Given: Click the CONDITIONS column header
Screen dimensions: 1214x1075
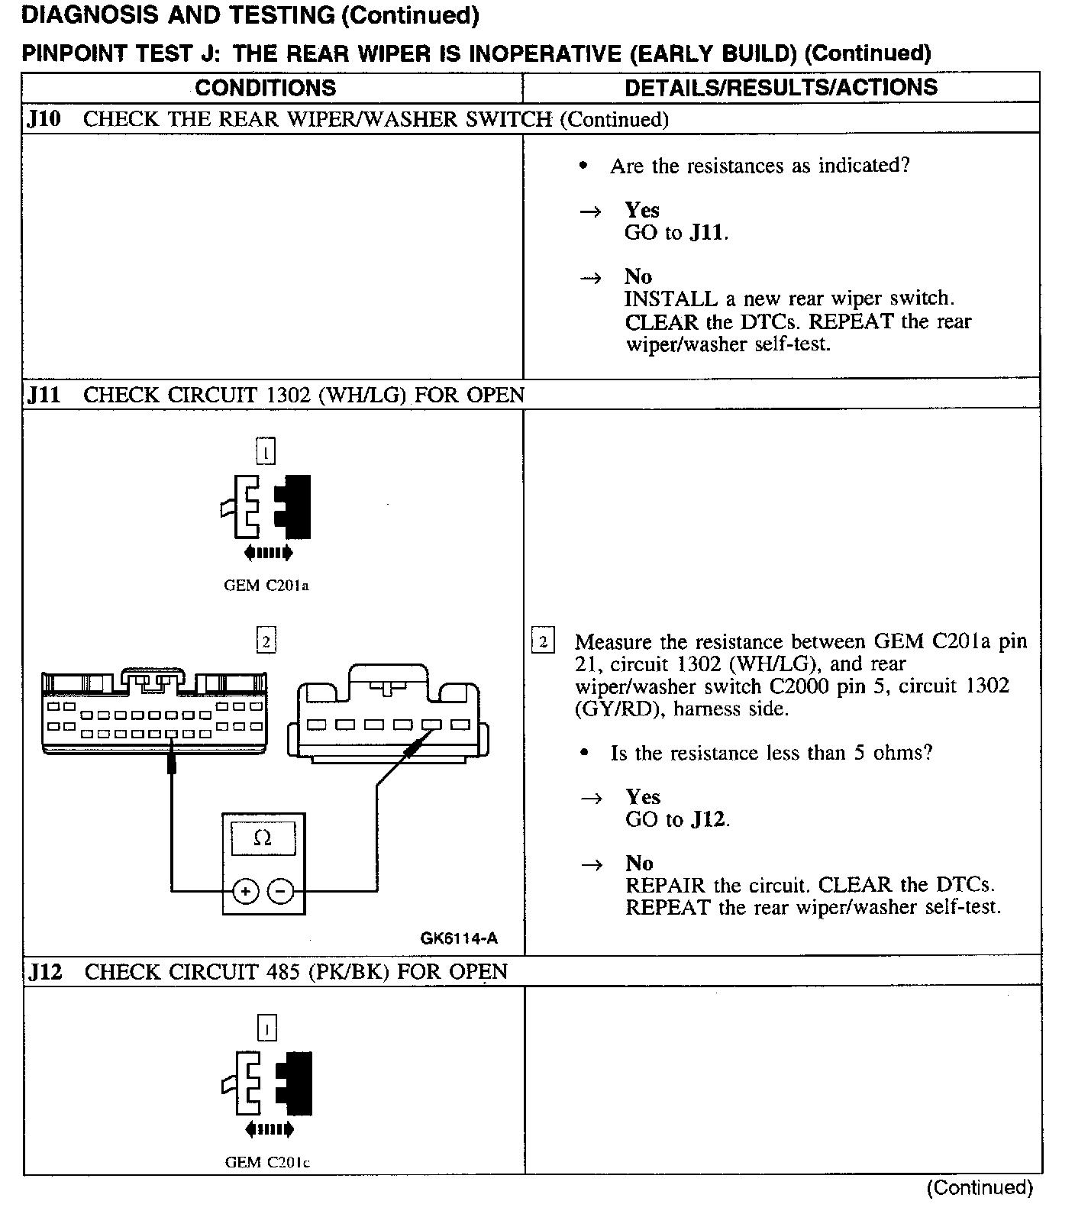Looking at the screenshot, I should pos(265,88).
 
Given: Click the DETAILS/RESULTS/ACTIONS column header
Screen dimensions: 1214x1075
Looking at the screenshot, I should pos(780,88).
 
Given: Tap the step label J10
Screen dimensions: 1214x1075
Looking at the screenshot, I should pos(44,119).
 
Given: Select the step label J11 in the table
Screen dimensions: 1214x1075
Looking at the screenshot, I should pos(44,396).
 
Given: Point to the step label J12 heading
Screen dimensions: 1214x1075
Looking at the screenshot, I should pos(45,972).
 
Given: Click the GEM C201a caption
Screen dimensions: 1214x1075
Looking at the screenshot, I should pos(266,586).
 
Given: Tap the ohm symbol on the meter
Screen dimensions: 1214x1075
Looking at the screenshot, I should pos(262,838).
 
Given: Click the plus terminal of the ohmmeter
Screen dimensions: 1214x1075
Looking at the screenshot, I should pos(246,890).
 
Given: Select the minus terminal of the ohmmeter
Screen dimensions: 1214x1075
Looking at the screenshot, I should pos(280,890).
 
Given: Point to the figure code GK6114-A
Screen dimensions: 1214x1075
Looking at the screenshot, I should pos(458,938).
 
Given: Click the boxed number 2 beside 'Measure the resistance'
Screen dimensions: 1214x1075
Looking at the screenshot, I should pos(542,641).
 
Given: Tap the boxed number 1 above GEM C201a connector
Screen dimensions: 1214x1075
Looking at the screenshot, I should pos(265,452).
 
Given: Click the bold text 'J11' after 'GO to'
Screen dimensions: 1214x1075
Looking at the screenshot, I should pos(706,233).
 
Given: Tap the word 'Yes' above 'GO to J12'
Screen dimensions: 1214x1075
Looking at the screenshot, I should pos(642,797).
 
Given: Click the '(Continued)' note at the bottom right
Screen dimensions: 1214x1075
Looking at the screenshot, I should pos(979,1188).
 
